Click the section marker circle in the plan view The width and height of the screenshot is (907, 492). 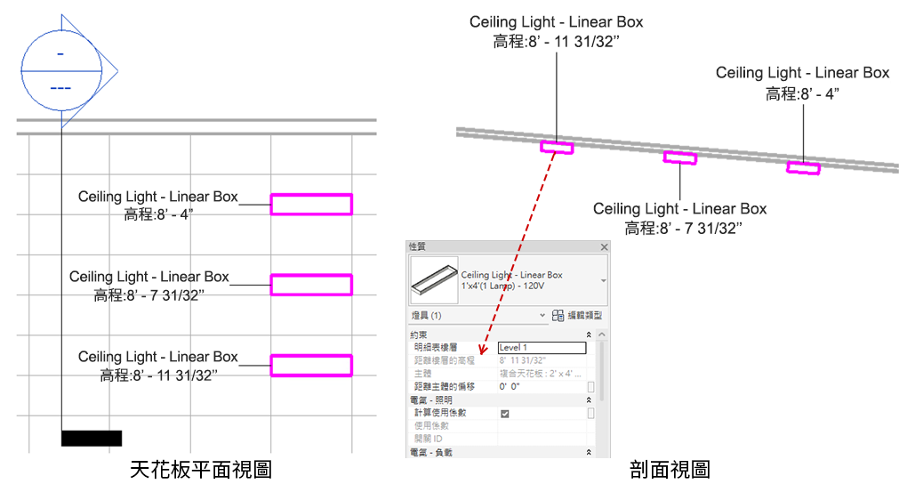coord(60,70)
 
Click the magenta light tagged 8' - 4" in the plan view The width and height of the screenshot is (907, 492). coord(311,205)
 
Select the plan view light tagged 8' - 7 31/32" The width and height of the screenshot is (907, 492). coord(311,285)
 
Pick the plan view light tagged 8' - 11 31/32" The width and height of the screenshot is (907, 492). coord(311,365)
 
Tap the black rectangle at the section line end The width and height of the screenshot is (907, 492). coord(92,438)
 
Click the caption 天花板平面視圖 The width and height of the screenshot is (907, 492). coord(201,469)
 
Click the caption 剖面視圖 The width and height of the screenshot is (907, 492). coord(670,469)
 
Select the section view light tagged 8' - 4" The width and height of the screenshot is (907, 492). coord(803,167)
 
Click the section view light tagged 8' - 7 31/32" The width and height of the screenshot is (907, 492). coord(680,158)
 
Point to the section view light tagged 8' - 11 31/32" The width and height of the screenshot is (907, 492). coord(557,147)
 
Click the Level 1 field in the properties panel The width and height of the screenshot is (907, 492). coord(541,348)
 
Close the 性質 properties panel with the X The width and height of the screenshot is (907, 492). coord(605,246)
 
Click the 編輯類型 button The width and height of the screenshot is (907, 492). coord(578,316)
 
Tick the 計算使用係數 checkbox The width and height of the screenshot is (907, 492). coord(505,414)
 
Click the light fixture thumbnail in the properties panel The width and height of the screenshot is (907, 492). coord(434,281)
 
